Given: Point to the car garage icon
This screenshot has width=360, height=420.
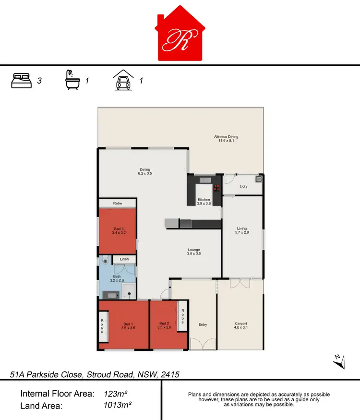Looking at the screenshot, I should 123,80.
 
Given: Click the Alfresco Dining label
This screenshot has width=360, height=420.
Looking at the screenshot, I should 226,139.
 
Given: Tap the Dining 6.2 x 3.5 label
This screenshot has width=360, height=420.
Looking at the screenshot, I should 145,171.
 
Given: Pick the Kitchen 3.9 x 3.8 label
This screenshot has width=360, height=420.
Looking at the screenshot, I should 204,202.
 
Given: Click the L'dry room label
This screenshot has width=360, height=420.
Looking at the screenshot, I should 243,186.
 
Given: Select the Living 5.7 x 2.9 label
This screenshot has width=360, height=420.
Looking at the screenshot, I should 242,230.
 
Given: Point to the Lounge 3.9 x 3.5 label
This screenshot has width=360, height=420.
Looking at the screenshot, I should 194,252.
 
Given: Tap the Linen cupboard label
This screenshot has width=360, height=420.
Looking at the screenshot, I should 124,260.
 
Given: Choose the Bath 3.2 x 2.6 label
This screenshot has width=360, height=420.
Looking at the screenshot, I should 117,278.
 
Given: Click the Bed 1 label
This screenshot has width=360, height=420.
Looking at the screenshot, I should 128,326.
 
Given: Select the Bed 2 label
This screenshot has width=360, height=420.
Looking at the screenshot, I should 165,326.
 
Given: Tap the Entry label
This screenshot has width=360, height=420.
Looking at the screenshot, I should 203,325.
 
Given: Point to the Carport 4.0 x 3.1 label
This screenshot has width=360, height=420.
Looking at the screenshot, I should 241,325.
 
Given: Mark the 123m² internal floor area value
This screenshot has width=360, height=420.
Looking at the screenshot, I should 115,394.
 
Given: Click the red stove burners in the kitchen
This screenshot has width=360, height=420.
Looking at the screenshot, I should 217,187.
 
